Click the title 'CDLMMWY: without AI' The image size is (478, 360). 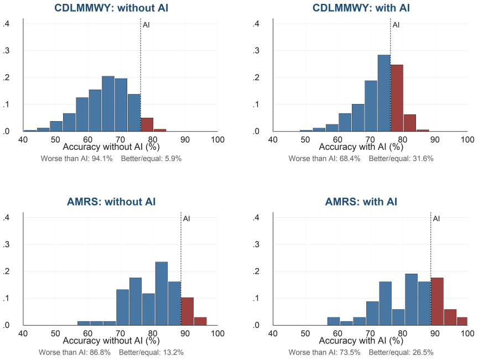coord(111,8)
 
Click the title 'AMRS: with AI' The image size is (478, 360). coord(361,201)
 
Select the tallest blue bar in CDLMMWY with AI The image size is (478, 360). coord(384,93)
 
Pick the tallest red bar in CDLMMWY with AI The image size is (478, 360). coord(397,98)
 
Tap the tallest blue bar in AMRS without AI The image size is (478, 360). coord(161,293)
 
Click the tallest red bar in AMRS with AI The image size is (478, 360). coord(437,301)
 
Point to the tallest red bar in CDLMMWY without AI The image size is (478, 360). coord(147,124)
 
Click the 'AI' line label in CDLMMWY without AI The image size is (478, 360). coord(146,25)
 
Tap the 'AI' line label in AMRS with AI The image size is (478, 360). coord(437,218)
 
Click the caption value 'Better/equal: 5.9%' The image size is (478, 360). coord(151,159)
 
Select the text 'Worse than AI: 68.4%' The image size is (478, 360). coord(324,159)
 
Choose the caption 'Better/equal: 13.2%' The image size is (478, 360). coord(151,352)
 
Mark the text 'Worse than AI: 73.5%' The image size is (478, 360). coord(324,352)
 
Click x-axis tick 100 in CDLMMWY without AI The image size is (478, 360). coord(217,139)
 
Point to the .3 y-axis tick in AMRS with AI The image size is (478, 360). coord(256,244)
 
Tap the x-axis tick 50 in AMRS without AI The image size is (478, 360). coord(55,333)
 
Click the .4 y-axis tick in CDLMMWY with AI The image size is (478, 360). coord(256,23)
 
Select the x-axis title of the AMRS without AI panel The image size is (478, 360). coord(111,341)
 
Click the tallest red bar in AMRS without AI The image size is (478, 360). coord(187,311)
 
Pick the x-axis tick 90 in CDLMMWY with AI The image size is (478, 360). coord(435,139)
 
